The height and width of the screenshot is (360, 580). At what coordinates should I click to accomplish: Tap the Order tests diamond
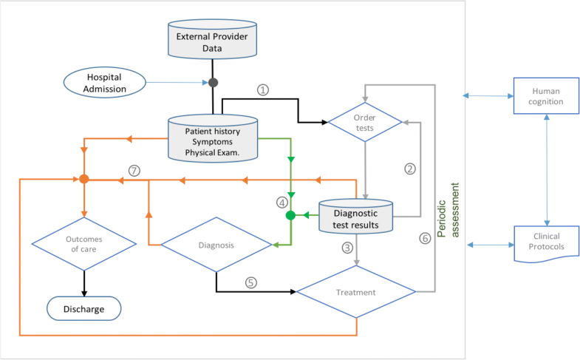[x=365, y=122]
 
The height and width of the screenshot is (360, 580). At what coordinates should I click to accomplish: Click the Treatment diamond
[x=356, y=292]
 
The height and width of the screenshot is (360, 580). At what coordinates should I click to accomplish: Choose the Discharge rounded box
[x=84, y=308]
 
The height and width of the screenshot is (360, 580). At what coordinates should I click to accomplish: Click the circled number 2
[x=410, y=168]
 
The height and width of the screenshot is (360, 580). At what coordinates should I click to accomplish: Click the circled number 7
[x=134, y=169]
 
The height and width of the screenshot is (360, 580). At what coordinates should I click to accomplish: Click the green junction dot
[x=290, y=216]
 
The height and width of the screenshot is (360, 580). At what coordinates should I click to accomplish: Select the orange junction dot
[x=84, y=179]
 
